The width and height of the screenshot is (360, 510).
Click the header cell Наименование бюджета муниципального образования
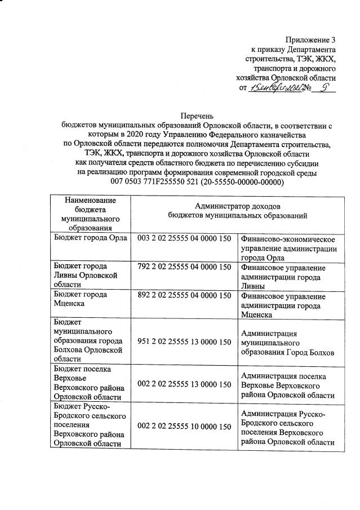[x=90, y=214]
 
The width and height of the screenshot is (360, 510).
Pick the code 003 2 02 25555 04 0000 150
[x=184, y=239]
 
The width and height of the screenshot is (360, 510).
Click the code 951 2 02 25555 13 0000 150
[x=184, y=342]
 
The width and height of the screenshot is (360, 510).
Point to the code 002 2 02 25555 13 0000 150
[x=184, y=384]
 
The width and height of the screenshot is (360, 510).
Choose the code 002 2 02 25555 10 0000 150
[x=184, y=427]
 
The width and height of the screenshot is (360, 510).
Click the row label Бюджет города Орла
[x=90, y=239]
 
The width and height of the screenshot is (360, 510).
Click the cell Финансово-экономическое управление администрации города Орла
[x=288, y=248]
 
